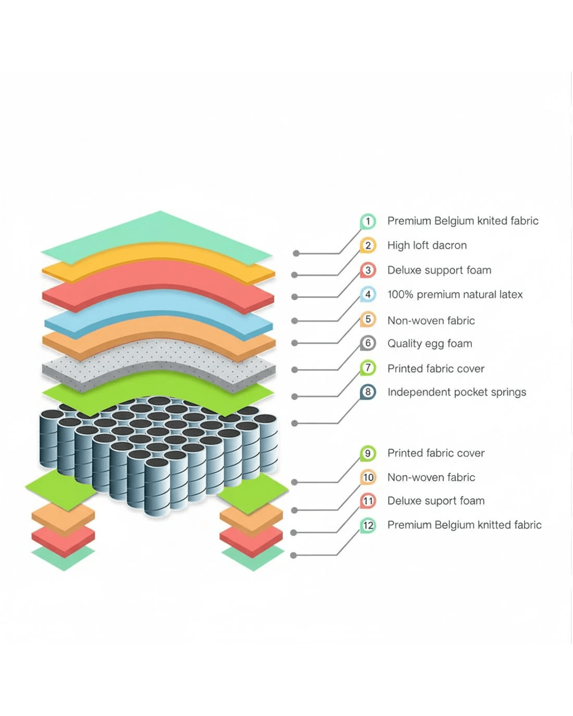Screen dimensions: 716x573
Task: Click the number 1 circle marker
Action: [x=368, y=221]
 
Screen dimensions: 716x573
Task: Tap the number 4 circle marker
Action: [x=368, y=295]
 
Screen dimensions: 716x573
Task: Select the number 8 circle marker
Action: [x=368, y=392]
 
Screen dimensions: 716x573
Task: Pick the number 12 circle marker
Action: [x=368, y=525]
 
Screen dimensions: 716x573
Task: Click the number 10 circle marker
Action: [x=368, y=477]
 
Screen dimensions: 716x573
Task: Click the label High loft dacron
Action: [x=427, y=245]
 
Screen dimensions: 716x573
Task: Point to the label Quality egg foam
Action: [x=429, y=344]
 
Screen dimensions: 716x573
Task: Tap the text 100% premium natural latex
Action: [x=455, y=295]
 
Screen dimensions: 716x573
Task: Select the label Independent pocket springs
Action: [x=456, y=392]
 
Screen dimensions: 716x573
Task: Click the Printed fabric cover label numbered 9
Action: [x=435, y=453]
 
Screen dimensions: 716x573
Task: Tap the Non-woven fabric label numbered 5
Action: [x=431, y=320]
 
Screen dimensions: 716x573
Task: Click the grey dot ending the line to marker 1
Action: [x=296, y=254]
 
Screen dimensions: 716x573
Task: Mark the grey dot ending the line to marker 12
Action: [x=293, y=556]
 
